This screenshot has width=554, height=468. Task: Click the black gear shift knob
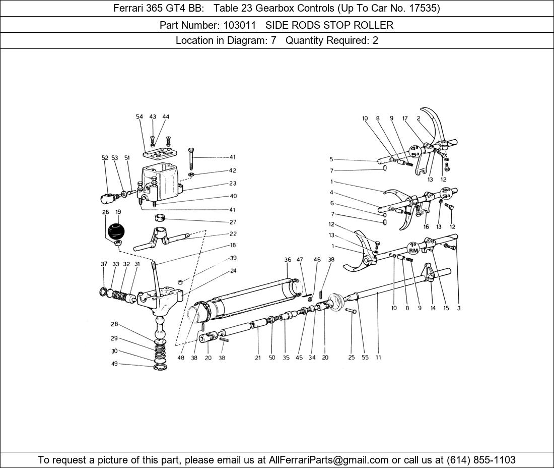pos(116,230)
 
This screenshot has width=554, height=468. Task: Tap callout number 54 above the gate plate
pos(139,116)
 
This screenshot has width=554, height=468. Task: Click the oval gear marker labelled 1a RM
pos(413,248)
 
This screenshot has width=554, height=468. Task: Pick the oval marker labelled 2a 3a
pos(446,193)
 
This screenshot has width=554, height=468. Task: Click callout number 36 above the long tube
pos(288,260)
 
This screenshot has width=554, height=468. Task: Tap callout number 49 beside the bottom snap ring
pos(114,364)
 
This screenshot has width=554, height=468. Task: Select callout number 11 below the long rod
pos(378,357)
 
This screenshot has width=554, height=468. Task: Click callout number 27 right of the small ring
pos(233,222)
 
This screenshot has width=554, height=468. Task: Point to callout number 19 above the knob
pos(118,212)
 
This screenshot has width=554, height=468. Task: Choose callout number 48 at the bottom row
pos(180,358)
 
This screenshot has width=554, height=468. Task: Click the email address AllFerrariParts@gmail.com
pos(328,460)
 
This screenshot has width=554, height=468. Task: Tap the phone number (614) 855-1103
pos(481,460)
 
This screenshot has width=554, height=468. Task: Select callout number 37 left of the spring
pos(104,264)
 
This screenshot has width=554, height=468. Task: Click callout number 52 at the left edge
pos(105,158)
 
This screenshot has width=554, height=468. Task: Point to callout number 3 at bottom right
pos(459,308)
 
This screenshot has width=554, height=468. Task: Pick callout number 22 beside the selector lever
pos(233,234)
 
